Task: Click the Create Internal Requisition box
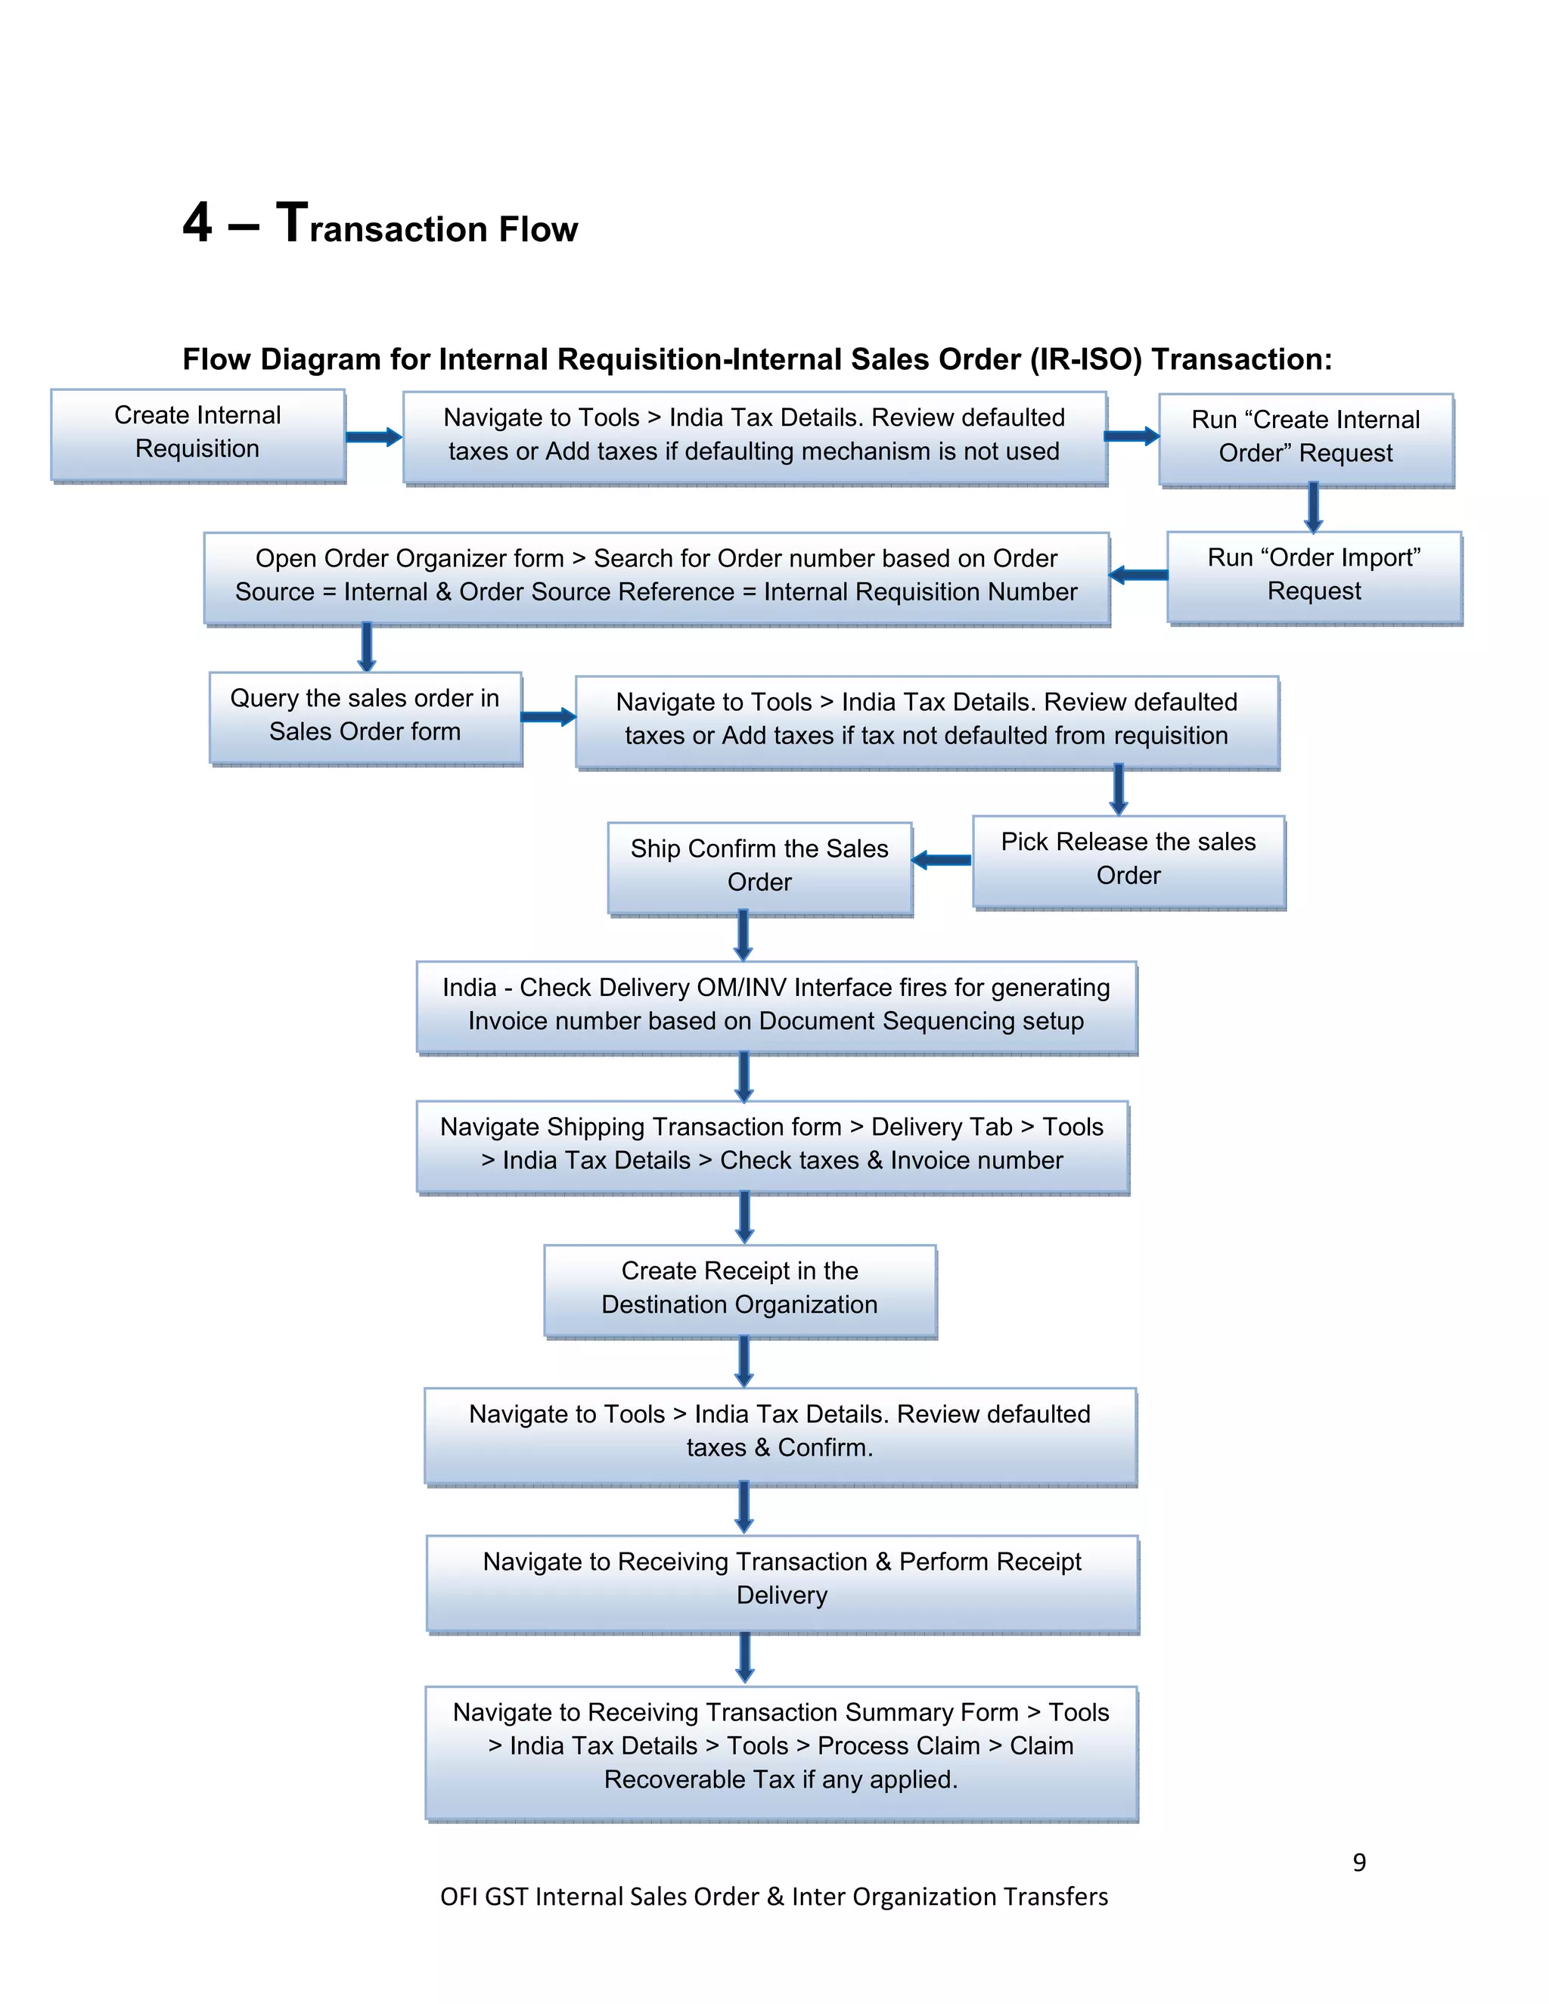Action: [x=198, y=433]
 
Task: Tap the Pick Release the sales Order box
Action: [x=1128, y=860]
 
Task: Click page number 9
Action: [x=1359, y=1862]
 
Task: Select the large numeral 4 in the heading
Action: [x=197, y=223]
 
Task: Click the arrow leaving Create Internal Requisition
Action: [x=374, y=437]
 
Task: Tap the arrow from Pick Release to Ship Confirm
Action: [x=942, y=860]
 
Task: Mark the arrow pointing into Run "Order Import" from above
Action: [x=1313, y=507]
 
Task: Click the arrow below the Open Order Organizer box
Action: [x=367, y=647]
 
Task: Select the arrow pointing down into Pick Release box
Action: [x=1118, y=789]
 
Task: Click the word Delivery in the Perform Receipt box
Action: [x=782, y=1596]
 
